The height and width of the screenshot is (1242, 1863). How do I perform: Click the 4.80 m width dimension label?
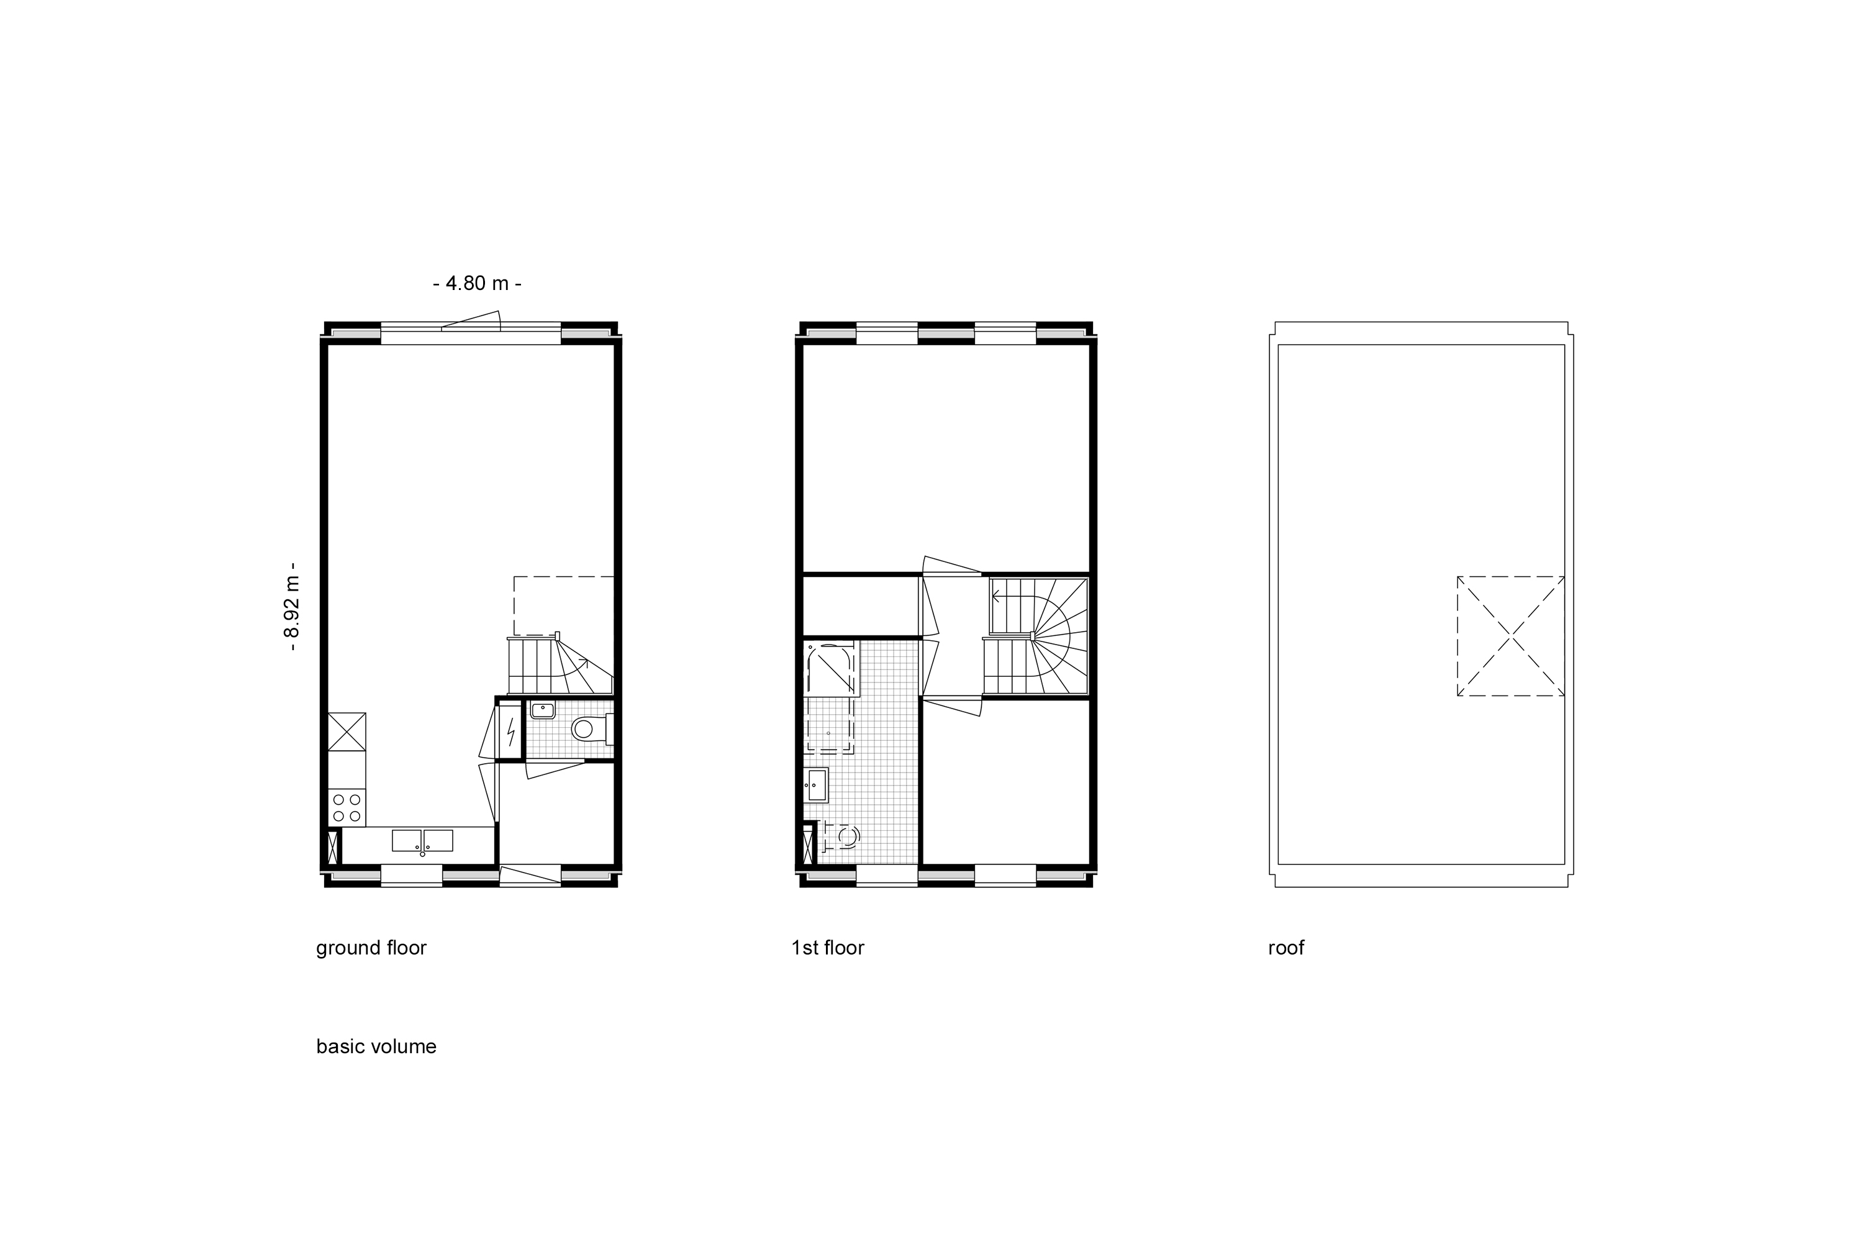pyautogui.click(x=477, y=283)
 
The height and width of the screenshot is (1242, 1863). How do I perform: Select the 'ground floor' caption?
pyautogui.click(x=371, y=948)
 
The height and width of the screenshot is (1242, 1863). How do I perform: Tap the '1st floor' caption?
pyautogui.click(x=828, y=948)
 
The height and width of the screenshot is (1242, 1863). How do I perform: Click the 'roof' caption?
pyautogui.click(x=1285, y=948)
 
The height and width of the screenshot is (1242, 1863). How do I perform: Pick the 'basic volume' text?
pyautogui.click(x=376, y=1047)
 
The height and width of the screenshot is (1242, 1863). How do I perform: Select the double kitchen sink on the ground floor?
pyautogui.click(x=422, y=841)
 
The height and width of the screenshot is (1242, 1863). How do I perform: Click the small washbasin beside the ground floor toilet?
pyautogui.click(x=543, y=710)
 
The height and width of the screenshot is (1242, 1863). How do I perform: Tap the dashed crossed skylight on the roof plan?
pyautogui.click(x=1510, y=636)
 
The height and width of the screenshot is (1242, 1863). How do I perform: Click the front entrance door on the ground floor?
pyautogui.click(x=531, y=875)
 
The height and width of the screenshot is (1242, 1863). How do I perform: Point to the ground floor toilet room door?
pyautogui.click(x=555, y=768)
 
